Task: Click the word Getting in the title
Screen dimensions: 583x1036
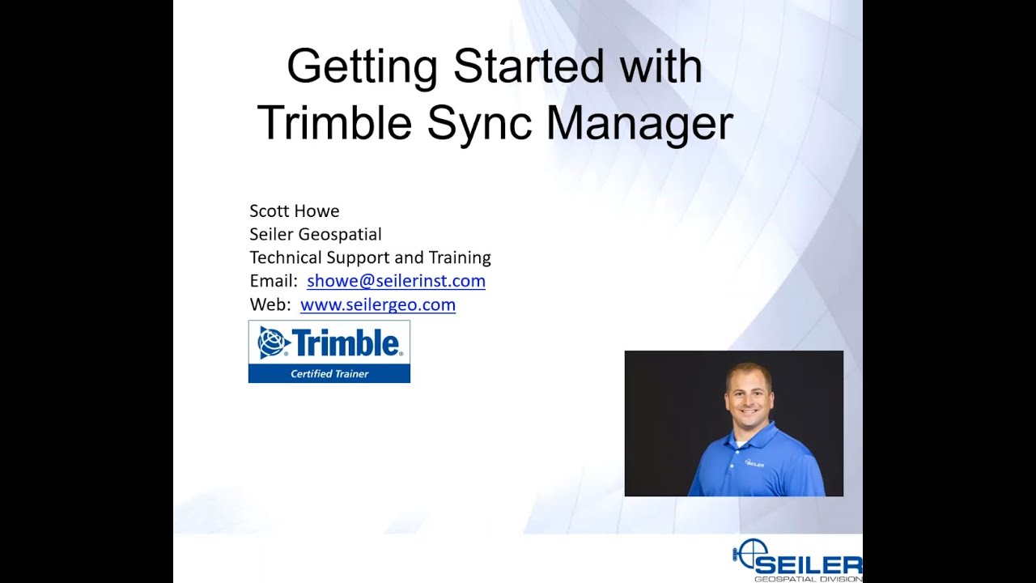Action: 362,67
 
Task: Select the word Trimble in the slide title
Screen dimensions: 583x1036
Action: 334,124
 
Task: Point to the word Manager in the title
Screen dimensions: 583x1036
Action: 639,124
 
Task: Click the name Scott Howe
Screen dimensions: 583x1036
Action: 294,211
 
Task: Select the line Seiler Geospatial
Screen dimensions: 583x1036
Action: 315,235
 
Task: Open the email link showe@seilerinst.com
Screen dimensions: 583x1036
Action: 396,282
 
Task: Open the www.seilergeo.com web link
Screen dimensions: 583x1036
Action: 377,305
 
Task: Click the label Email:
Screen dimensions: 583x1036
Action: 273,282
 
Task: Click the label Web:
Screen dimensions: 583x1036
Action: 270,305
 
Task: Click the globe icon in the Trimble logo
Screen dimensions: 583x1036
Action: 273,343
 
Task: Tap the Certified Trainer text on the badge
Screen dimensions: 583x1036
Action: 329,374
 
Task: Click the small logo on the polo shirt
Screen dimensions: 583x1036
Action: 754,464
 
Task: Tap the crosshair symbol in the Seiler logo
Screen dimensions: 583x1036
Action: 749,554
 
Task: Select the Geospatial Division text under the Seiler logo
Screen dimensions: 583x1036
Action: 806,578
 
